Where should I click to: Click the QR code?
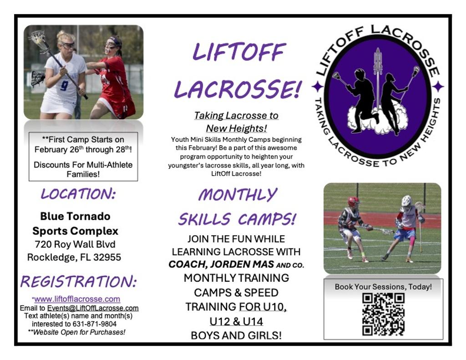pyautogui.click(x=383, y=314)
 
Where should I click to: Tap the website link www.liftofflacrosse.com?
pyautogui.click(x=77, y=299)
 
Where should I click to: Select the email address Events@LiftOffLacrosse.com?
pyautogui.click(x=93, y=308)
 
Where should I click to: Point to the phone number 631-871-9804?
pyautogui.click(x=95, y=324)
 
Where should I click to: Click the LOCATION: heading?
pyautogui.click(x=78, y=194)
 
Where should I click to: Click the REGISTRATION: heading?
pyautogui.click(x=78, y=281)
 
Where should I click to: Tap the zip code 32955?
pyautogui.click(x=107, y=257)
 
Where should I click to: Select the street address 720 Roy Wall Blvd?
pyautogui.click(x=75, y=244)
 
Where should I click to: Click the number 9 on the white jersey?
pyautogui.click(x=64, y=86)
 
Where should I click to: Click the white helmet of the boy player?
pyautogui.click(x=406, y=201)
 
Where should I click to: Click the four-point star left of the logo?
pyautogui.click(x=318, y=86)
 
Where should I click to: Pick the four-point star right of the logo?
pyautogui.click(x=438, y=86)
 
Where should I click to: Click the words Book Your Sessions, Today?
pyautogui.click(x=383, y=287)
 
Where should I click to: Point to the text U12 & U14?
pyautogui.click(x=236, y=322)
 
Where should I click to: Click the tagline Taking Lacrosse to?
pyautogui.click(x=236, y=116)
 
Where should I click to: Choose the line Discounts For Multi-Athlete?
pyautogui.click(x=83, y=165)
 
